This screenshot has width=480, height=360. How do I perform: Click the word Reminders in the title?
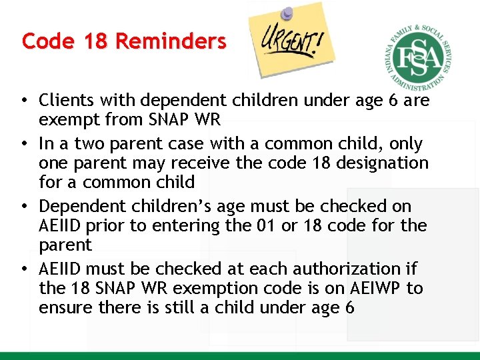point(171,41)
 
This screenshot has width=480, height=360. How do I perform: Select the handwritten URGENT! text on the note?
point(289,46)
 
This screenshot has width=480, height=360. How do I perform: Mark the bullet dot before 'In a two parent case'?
point(23,144)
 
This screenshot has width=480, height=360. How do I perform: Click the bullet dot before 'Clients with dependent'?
point(23,101)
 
